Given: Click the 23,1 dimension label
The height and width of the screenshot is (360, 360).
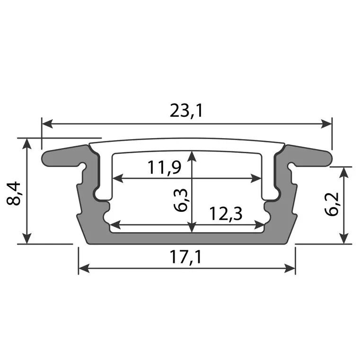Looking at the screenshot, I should (186, 110).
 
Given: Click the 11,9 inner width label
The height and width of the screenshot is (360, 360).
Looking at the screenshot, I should (164, 167).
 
